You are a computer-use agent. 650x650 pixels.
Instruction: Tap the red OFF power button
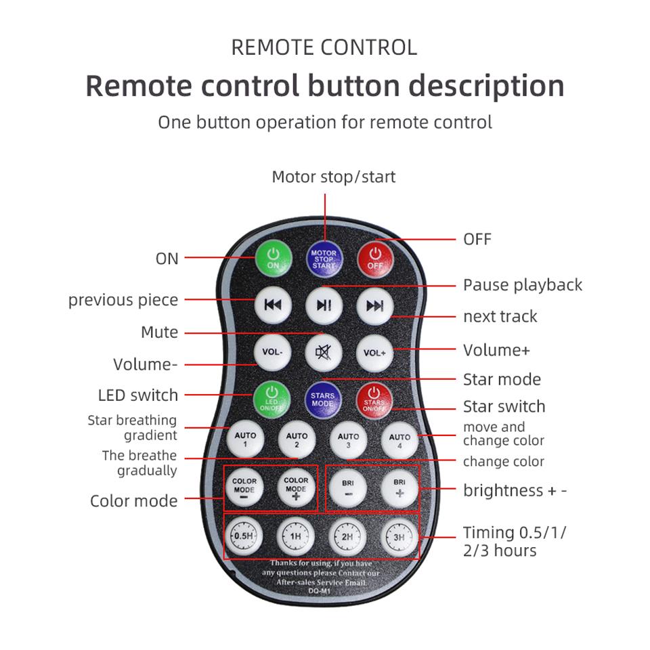coord(375,259)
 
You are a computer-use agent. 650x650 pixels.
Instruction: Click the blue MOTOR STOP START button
coord(324,259)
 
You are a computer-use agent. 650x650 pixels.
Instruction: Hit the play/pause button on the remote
coord(324,305)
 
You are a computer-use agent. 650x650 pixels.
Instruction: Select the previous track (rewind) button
coord(273,305)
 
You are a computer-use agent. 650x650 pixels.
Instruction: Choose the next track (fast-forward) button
coord(374,306)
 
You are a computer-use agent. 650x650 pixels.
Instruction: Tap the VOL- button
coord(272,352)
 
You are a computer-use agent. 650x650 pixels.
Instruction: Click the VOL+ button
coord(374,353)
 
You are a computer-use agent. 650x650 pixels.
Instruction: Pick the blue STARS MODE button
coord(323,399)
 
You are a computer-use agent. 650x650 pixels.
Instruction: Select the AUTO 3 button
coord(348,441)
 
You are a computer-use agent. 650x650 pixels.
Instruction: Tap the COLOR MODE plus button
coord(296,488)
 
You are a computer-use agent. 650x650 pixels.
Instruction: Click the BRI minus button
coord(348,489)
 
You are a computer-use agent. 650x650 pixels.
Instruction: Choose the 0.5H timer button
coord(243,536)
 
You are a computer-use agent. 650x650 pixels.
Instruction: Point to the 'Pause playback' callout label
coord(522,285)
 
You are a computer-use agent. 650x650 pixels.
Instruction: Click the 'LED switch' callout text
coord(138,395)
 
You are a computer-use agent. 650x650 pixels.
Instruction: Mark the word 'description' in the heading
coord(486,86)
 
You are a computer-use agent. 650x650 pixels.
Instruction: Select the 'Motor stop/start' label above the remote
coord(334,177)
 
